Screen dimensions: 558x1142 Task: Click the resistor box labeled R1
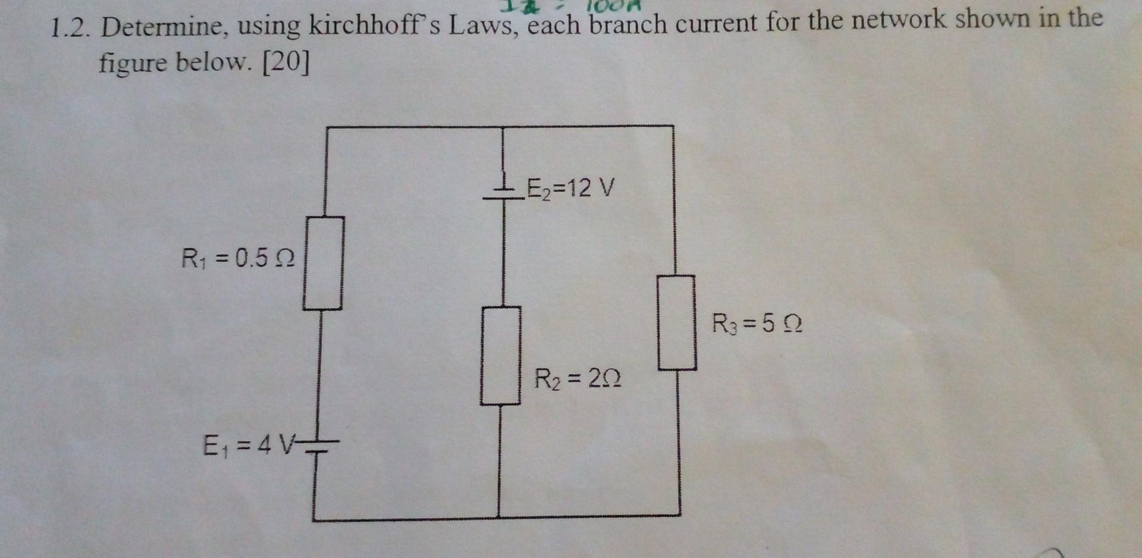click(324, 263)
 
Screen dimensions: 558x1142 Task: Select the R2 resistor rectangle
click(501, 356)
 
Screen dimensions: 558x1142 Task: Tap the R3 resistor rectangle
click(677, 322)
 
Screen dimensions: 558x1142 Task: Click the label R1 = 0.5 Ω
click(238, 258)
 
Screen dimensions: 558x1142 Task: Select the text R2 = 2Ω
click(578, 378)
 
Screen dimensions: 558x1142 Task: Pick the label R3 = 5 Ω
click(757, 324)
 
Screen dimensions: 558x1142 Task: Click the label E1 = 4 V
click(249, 445)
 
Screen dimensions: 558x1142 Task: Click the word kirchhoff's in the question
click(373, 26)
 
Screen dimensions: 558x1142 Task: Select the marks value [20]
click(286, 62)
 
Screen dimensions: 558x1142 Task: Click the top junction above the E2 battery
click(504, 127)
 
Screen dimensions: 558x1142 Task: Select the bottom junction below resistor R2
click(499, 517)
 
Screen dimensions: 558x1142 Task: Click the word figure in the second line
click(132, 62)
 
